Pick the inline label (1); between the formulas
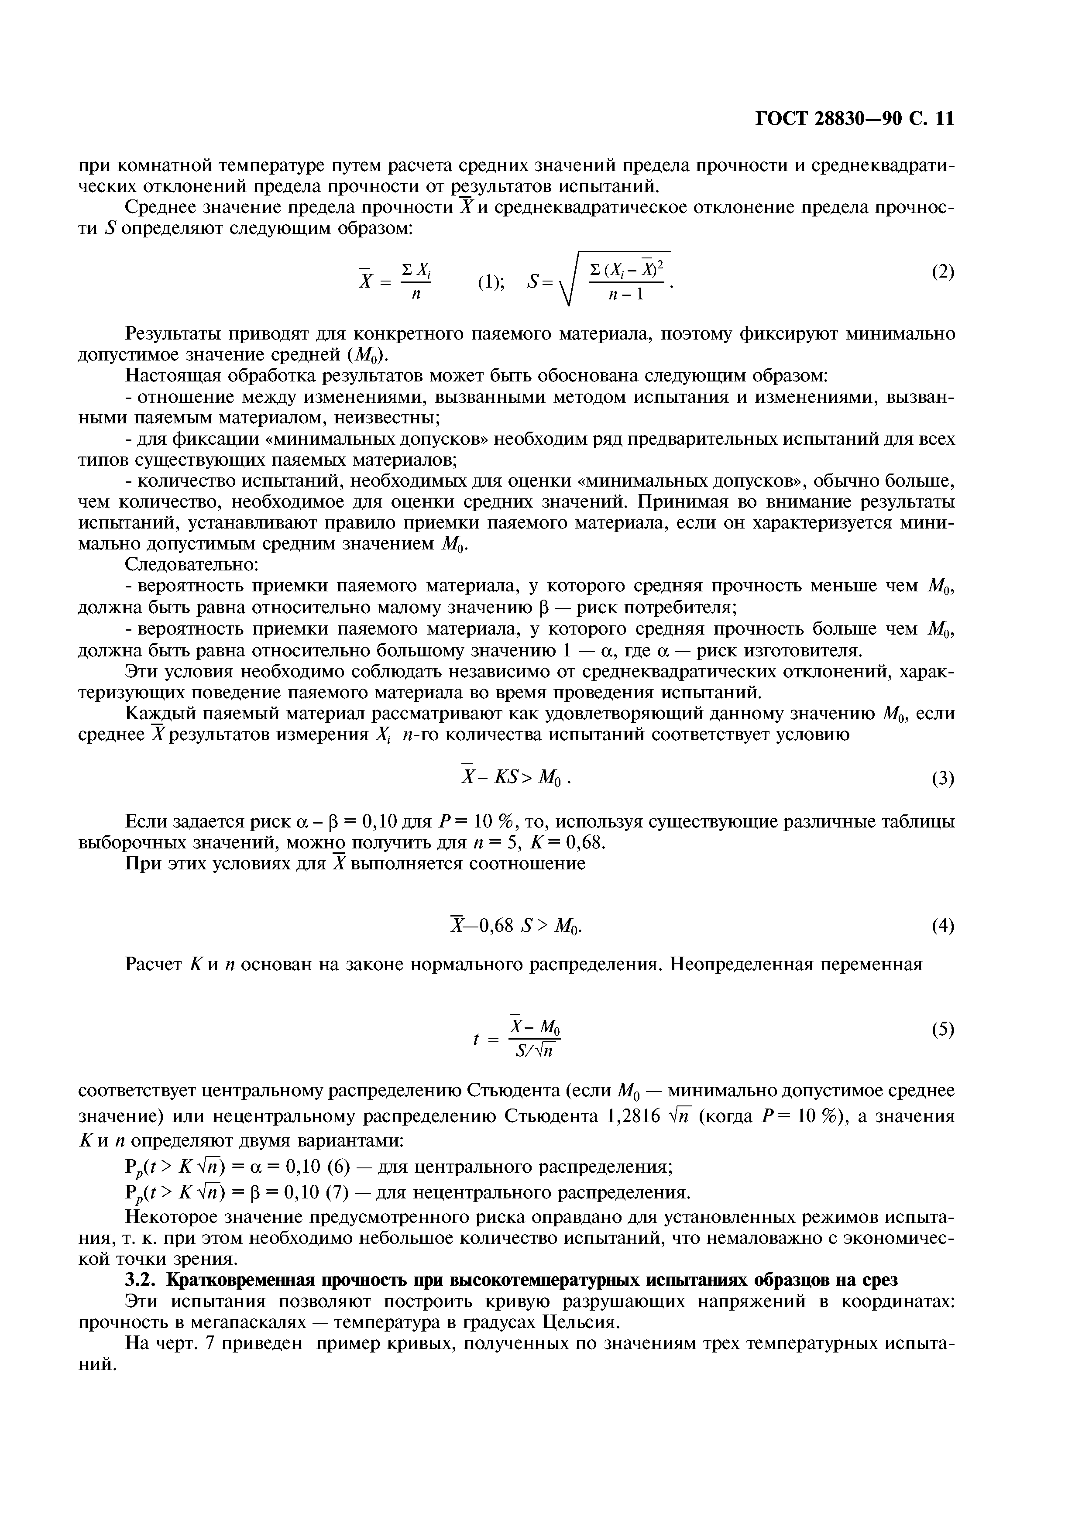[x=491, y=283]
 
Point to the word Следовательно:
[x=192, y=565]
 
